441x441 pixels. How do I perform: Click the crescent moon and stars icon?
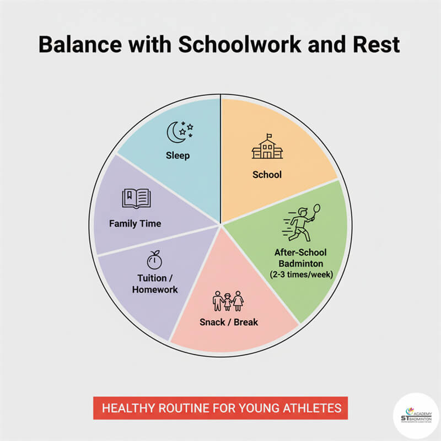pos(180,131)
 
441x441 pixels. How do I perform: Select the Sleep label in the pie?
pos(178,155)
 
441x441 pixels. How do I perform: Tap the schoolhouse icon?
pos(267,147)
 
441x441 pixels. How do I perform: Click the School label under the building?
pos(267,175)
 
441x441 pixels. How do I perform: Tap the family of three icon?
pos(228,302)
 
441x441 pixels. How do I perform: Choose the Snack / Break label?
pos(228,322)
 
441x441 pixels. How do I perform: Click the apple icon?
pos(154,260)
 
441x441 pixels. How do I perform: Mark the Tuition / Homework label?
pos(154,283)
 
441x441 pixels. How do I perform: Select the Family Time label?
pos(135,224)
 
